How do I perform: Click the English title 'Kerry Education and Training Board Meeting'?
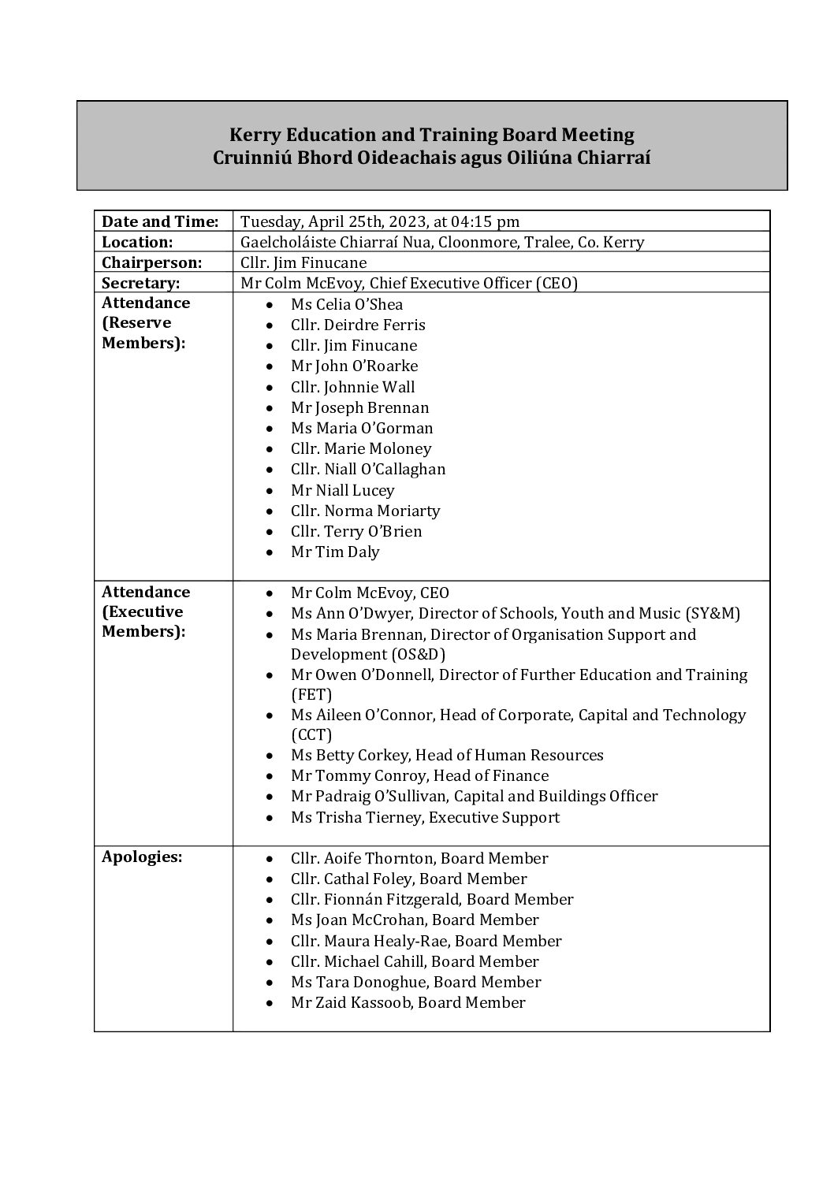431,136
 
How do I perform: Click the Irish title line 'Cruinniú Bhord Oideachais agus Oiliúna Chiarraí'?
431,157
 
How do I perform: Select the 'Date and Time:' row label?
160,221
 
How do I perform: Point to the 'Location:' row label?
137,242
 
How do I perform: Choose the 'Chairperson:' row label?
152,262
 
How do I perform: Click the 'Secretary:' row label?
141,283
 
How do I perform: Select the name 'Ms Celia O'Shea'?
347,304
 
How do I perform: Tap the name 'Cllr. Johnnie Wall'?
352,387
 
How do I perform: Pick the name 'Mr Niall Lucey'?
342,490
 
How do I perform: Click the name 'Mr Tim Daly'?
335,552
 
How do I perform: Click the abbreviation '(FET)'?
311,694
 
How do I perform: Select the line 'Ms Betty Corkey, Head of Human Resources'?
447,755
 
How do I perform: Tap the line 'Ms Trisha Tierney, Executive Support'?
425,817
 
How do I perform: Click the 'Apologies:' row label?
142,857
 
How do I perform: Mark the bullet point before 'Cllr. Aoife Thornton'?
271,859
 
